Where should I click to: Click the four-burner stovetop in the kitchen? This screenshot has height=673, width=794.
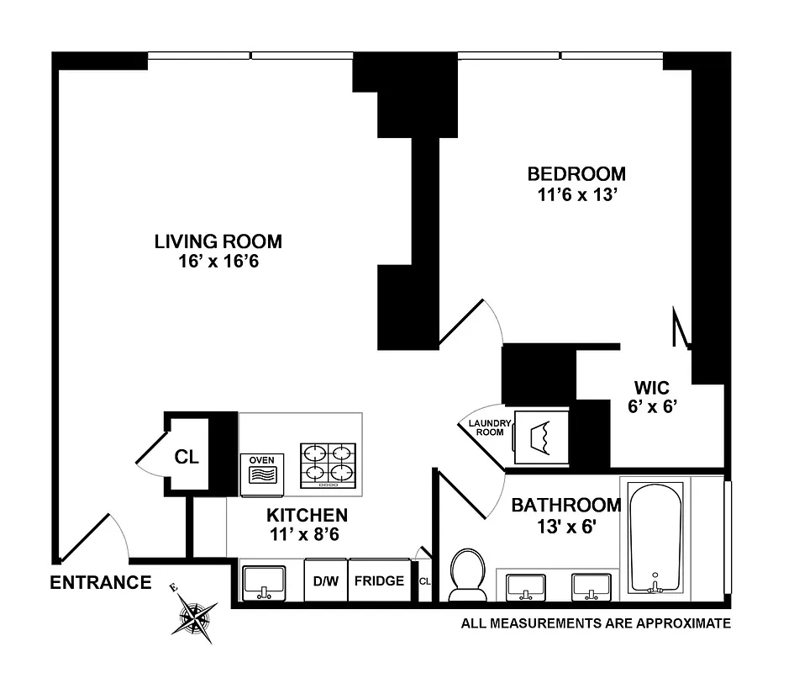329,466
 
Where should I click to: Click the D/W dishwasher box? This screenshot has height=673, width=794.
325,581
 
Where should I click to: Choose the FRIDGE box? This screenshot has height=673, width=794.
379,581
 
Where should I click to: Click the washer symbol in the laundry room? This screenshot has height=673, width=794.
541,437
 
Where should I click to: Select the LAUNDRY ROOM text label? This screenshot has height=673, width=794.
486,427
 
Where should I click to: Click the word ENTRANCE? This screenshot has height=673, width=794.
101,582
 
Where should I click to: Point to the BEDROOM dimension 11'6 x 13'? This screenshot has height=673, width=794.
576,193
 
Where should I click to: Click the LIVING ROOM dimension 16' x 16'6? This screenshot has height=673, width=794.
218,261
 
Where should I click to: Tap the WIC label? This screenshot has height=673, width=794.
651,388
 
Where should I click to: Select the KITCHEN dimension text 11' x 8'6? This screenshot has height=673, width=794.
307,533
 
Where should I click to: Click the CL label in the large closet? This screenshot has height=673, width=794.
187,458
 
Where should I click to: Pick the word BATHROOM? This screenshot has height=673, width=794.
566,506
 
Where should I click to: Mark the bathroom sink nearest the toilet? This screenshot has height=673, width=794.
526,586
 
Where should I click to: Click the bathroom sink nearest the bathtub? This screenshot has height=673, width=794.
590,586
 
